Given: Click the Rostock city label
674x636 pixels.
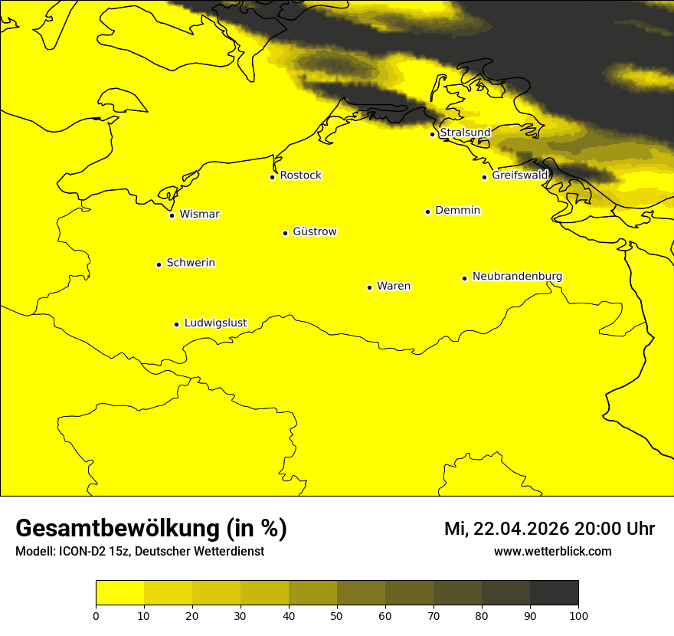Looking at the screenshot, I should coord(300,175).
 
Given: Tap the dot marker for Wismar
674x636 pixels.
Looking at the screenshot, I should coord(172,215).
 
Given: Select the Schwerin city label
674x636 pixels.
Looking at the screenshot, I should coord(191,263).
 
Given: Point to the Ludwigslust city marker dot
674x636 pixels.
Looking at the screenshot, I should coord(176,324).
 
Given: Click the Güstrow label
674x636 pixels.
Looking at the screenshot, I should coord(314,231).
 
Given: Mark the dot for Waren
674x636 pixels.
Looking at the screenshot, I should coord(369,287).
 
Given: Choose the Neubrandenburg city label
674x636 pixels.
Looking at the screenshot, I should coord(517,276).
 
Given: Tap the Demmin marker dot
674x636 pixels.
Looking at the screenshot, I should coord(427,211).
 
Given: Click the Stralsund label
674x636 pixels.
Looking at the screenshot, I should coord(465,133).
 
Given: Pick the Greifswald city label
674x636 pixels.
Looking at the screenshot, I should coord(520,175).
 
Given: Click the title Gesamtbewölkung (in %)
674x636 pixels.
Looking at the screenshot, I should coord(151,528).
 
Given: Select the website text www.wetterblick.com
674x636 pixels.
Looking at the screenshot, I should coord(552,551).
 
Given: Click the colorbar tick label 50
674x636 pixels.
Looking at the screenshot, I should coord(337,615).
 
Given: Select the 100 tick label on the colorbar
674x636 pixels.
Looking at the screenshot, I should coord(578,615).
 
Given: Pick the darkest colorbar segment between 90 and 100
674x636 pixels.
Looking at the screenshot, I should coord(554,593).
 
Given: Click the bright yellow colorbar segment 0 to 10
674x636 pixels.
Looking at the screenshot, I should coord(119,593).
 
